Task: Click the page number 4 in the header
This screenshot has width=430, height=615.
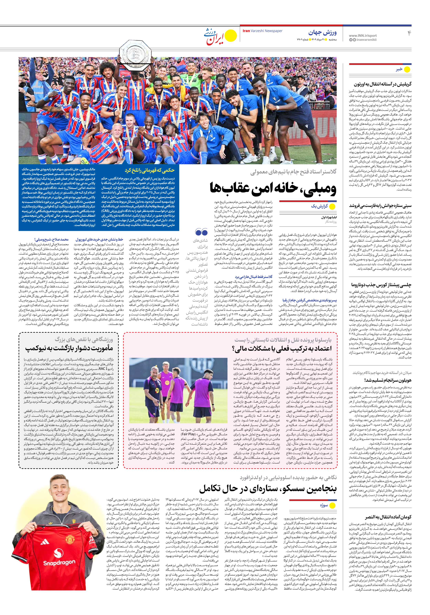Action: coord(409,33)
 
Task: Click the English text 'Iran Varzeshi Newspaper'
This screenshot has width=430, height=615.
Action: coord(262,31)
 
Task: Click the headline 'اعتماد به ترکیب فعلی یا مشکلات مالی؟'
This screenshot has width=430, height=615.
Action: coord(282,348)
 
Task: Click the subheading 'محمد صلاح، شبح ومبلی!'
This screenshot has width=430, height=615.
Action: coord(51,239)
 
